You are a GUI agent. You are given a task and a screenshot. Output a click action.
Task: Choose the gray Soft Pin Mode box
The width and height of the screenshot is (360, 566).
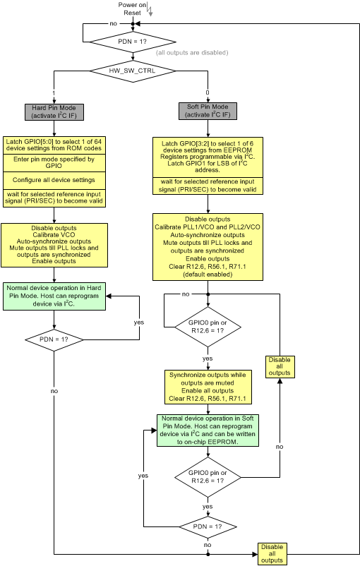[208, 112]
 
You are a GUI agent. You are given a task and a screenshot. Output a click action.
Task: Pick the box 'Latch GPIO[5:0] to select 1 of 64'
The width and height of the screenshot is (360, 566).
[54, 145]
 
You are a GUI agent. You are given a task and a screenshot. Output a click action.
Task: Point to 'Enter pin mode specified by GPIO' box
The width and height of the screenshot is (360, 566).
[54, 163]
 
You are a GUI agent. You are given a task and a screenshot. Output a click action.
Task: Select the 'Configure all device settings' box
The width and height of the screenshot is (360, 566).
[54, 179]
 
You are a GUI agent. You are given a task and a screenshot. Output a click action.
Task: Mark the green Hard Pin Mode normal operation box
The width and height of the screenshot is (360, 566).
[54, 296]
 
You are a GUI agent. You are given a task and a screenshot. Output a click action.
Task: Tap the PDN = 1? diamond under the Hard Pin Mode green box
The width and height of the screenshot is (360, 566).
[54, 339]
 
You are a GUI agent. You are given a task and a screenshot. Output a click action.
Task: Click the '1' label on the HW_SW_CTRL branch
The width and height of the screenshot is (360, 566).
[54, 93]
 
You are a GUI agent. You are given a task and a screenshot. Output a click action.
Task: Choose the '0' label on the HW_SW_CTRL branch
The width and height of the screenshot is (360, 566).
[206, 93]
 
